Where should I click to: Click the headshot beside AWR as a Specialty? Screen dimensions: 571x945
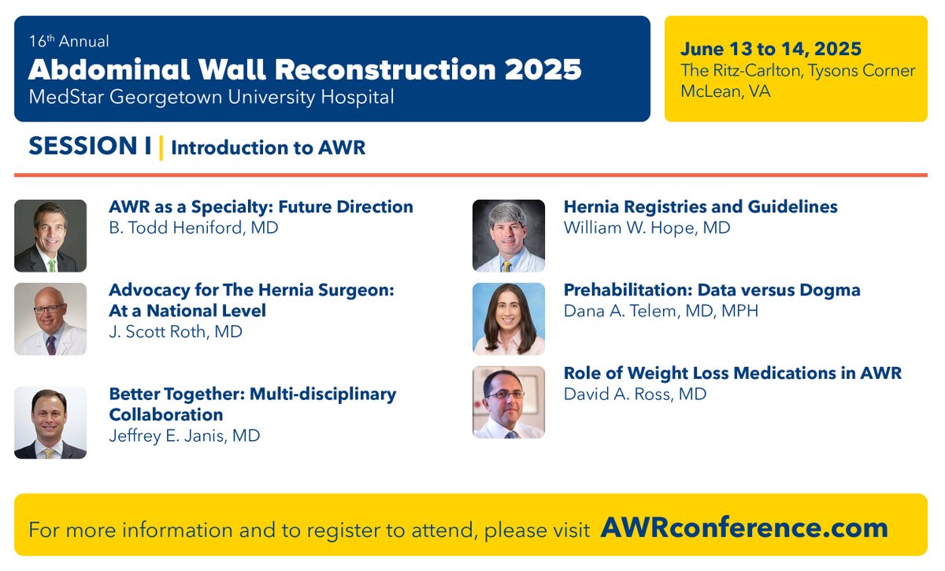click(x=50, y=235)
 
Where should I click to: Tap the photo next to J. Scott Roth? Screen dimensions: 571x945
click(x=50, y=319)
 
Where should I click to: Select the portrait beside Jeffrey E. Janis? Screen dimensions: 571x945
click(x=50, y=422)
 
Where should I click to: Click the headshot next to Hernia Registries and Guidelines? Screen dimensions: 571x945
click(x=508, y=235)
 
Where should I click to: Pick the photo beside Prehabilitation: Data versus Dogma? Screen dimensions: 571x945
click(x=508, y=319)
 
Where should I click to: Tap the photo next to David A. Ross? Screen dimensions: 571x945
click(x=508, y=402)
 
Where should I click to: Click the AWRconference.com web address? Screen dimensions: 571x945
click(x=744, y=527)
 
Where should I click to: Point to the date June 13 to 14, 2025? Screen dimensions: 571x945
click(x=771, y=50)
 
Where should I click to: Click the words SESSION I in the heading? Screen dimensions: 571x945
click(x=90, y=146)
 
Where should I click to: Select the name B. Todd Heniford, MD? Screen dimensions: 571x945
click(x=193, y=228)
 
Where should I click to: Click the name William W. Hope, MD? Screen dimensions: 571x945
click(x=647, y=228)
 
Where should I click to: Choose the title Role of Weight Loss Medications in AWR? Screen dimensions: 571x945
click(x=732, y=373)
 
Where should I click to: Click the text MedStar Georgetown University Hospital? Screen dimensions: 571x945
click(x=211, y=98)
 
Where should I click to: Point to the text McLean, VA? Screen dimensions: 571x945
click(x=725, y=91)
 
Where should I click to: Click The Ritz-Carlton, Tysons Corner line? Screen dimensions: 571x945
click(x=798, y=71)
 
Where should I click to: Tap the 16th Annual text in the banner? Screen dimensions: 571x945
click(x=69, y=41)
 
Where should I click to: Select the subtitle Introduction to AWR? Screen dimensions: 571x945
click(x=268, y=148)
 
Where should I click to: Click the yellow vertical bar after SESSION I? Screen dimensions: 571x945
click(x=161, y=147)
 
